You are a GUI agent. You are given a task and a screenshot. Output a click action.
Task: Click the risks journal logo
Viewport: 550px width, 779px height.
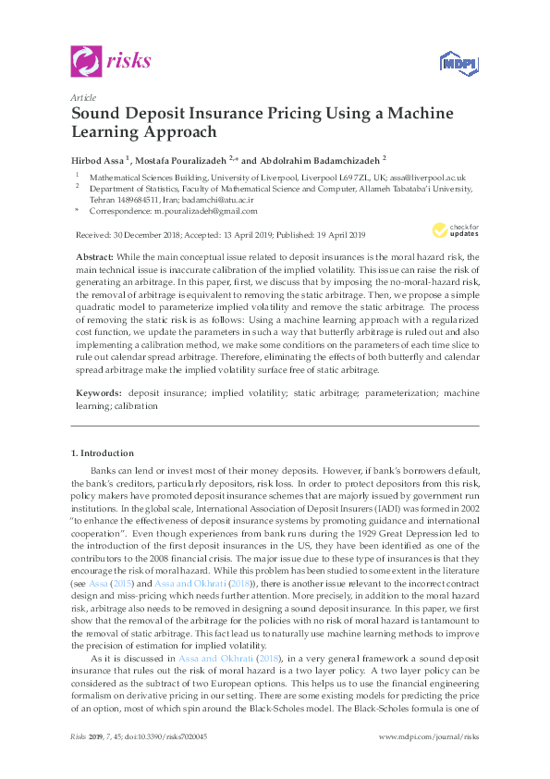[x=111, y=62]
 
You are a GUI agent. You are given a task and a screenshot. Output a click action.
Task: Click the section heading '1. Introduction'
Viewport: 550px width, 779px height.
[x=103, y=452]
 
